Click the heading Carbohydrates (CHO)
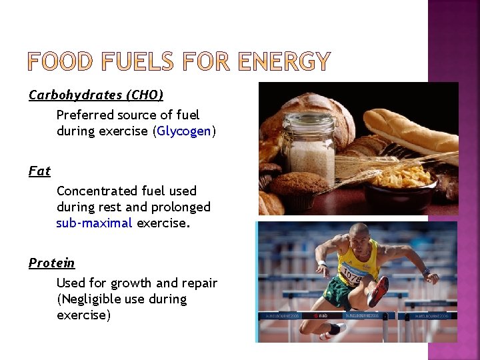(95, 95)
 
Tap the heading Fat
(39, 171)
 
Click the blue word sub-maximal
(94, 223)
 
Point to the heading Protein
(51, 263)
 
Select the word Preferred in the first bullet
(84, 115)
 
